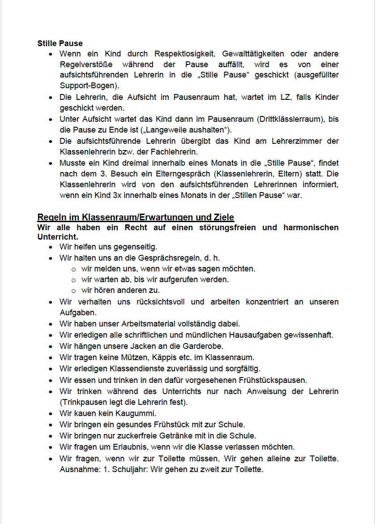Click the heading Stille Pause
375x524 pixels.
60,43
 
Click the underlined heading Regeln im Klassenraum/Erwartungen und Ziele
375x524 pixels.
136,218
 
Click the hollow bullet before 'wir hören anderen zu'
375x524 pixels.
74,291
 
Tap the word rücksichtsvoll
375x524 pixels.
161,302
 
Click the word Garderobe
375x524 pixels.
202,346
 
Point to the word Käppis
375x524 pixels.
158,357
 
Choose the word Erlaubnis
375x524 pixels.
122,447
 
